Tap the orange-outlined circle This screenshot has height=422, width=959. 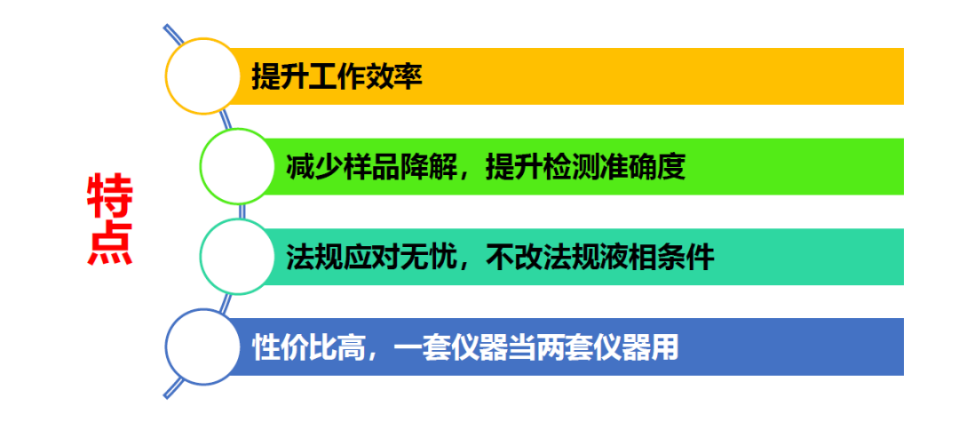203,76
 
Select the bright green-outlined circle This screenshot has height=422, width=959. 237,166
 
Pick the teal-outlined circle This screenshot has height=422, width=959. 237,257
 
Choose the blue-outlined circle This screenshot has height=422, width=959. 203,346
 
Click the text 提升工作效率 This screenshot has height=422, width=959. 337,76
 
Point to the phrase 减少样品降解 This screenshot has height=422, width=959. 372,167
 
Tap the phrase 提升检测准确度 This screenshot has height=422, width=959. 585,167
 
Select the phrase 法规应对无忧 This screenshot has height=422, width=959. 372,257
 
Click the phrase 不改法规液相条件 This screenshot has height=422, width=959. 599,257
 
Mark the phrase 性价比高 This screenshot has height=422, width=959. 307,346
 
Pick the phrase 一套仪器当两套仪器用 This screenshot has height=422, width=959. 535,346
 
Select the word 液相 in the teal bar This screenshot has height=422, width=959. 627,257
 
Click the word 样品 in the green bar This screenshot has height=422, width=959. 372,167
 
